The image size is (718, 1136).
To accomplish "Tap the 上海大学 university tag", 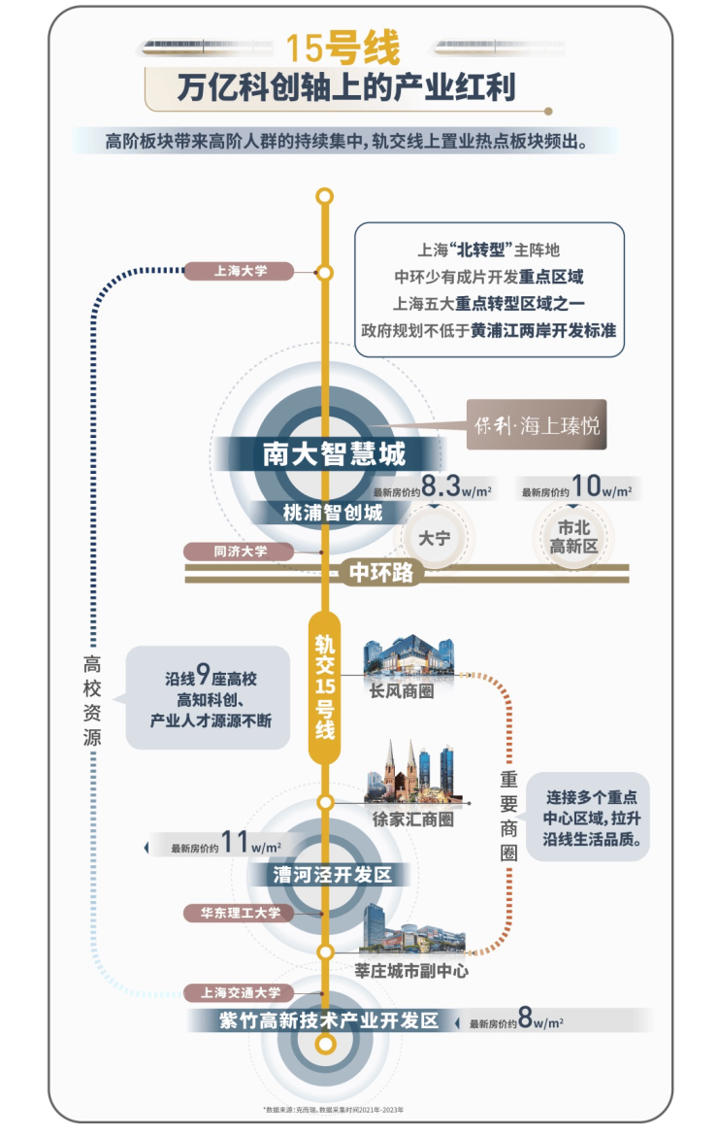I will [x=240, y=272].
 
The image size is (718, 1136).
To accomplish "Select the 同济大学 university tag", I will [x=240, y=551].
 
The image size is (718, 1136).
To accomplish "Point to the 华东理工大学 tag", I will [x=240, y=913].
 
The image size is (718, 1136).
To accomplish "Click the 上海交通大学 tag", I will [x=240, y=992].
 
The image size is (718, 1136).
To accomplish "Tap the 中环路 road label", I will [x=380, y=573].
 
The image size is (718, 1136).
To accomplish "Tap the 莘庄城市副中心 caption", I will [x=412, y=968].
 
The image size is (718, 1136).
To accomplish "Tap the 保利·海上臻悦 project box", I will [x=537, y=424].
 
